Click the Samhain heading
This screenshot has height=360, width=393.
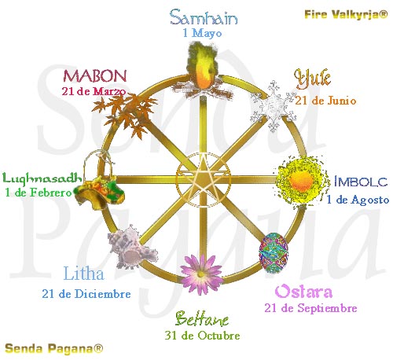[204, 17]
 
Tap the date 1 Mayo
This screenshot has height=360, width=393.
[203, 33]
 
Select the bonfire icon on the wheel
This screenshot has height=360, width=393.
[202, 72]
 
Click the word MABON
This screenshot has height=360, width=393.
[95, 75]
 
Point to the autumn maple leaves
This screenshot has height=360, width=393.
[125, 113]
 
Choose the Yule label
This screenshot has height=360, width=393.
[312, 79]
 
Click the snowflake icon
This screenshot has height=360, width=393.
[274, 106]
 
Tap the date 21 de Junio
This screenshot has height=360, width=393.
[325, 101]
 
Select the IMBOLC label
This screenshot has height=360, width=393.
[361, 182]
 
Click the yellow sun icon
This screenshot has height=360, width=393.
[301, 181]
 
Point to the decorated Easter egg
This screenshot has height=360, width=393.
[274, 253]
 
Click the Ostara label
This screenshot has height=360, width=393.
[303, 292]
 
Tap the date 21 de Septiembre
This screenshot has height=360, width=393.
[310, 308]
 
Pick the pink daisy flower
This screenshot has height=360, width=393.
[201, 274]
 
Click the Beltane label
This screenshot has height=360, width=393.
[202, 319]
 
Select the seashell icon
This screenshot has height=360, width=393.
[133, 247]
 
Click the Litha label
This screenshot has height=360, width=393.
[84, 274]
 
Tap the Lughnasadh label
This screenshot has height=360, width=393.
[42, 178]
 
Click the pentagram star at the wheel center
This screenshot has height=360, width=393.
[203, 175]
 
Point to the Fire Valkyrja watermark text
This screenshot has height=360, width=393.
[346, 14]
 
